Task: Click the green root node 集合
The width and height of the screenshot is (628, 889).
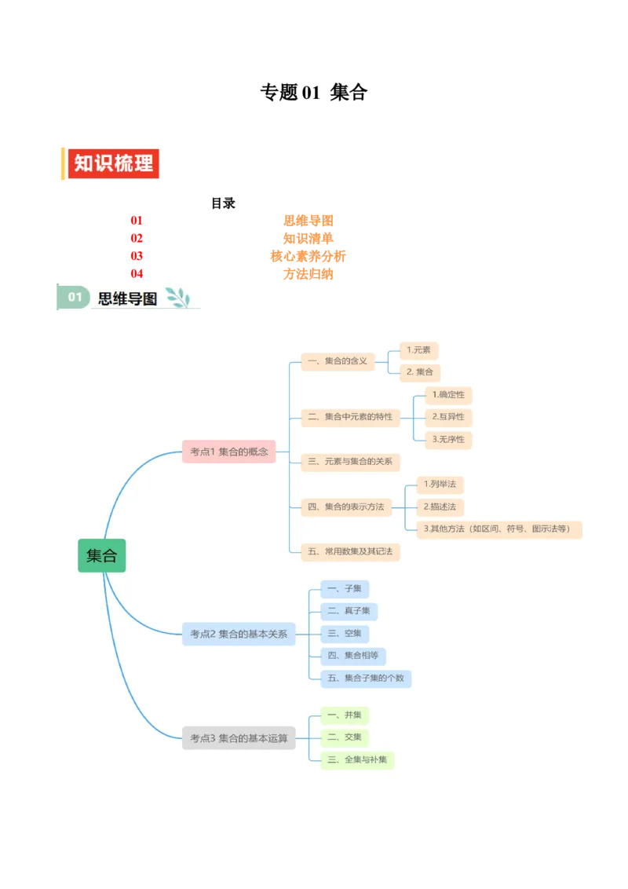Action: (102, 555)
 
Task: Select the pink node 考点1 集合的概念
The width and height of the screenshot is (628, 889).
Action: (229, 452)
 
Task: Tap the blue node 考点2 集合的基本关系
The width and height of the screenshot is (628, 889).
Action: (239, 634)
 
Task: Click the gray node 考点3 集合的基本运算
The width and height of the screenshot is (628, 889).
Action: (239, 738)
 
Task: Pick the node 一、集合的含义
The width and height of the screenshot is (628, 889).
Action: (338, 361)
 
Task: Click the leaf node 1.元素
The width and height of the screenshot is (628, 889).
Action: (418, 350)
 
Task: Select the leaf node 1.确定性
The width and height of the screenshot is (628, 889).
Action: (448, 395)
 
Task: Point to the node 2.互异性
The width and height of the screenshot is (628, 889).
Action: (448, 417)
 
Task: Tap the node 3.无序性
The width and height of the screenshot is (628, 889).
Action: (448, 440)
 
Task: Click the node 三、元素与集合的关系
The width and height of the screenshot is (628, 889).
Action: (350, 462)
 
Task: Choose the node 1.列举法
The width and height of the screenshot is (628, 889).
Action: (440, 485)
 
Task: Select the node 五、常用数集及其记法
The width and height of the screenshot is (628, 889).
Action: (350, 552)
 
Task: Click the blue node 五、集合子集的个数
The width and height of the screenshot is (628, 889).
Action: (366, 678)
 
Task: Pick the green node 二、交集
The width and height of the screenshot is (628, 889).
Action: (345, 737)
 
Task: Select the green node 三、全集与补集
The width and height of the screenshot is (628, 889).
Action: (357, 760)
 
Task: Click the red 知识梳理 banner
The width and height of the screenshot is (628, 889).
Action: (114, 163)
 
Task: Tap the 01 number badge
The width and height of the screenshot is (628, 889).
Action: (75, 298)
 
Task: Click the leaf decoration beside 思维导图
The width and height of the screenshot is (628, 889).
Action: (178, 298)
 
